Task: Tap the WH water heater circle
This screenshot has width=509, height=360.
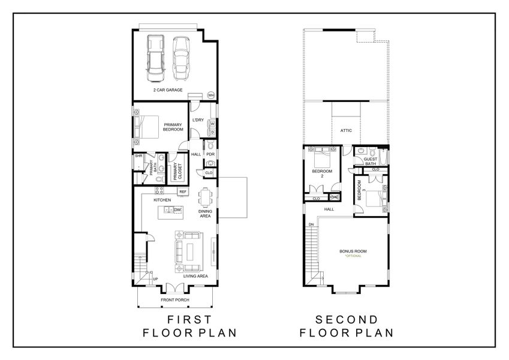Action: (211, 95)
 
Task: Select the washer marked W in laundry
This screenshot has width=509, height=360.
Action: (213, 124)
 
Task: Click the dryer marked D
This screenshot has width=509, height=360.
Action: (213, 131)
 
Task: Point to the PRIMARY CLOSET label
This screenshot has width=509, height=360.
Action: (177, 172)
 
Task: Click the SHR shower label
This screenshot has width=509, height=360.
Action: (138, 156)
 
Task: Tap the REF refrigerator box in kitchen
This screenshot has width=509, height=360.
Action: (183, 191)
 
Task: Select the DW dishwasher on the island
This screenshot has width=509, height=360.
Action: (177, 210)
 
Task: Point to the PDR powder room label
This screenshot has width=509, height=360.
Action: (210, 154)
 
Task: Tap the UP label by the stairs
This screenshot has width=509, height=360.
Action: (155, 279)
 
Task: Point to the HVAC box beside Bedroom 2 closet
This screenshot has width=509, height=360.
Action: (335, 197)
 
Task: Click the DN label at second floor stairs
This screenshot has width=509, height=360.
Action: (311, 224)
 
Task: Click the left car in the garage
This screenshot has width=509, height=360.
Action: (155, 58)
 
